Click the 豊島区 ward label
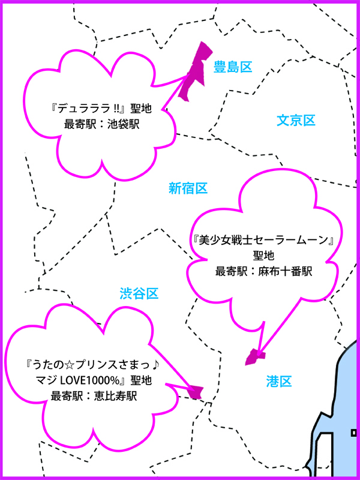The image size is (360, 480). click(232, 67)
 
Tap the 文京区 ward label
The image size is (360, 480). click(296, 121)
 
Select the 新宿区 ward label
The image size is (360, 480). click(188, 188)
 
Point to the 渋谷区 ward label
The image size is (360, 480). click(139, 293)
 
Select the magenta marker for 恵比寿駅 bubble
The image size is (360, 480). click(194, 391)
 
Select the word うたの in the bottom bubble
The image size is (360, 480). click(50, 365)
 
